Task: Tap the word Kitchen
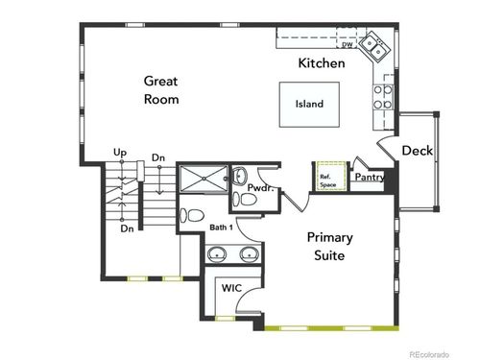click(321, 63)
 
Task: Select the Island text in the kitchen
click(309, 105)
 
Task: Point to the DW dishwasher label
click(347, 44)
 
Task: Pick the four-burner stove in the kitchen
click(381, 96)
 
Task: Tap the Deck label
click(417, 151)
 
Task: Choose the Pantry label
click(370, 177)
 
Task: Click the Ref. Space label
click(327, 178)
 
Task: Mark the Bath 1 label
click(223, 228)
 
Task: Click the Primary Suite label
click(330, 246)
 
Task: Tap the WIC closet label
click(230, 287)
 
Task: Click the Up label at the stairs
click(120, 153)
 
